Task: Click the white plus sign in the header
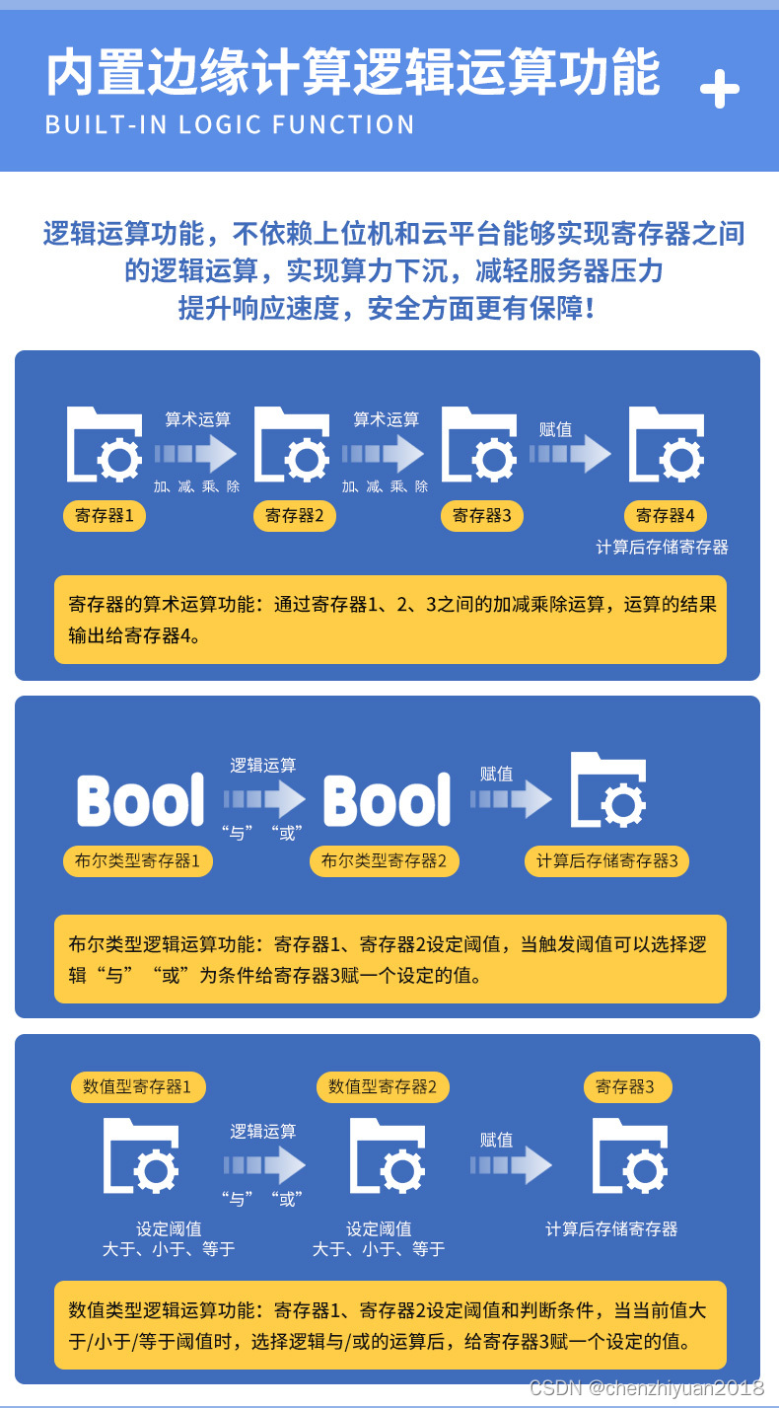[719, 89]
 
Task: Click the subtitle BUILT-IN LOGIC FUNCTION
[230, 124]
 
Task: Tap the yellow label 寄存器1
[105, 516]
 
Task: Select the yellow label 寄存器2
[294, 516]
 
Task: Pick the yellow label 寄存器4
[666, 516]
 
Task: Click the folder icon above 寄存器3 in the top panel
[479, 444]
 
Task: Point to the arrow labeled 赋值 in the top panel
[570, 453]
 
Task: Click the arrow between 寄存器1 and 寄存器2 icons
[195, 453]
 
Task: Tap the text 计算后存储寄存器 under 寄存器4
[663, 547]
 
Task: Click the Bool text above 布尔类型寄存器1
[141, 799]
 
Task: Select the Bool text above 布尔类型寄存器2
[387, 799]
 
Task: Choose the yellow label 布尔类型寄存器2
[384, 860]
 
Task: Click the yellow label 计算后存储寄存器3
[606, 860]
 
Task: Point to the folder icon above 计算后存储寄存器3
[608, 789]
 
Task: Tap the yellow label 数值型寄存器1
[138, 1086]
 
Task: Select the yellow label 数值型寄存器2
[383, 1086]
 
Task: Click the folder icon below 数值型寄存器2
[387, 1155]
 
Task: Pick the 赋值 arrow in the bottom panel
[511, 1164]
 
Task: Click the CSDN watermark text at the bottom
[647, 1387]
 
